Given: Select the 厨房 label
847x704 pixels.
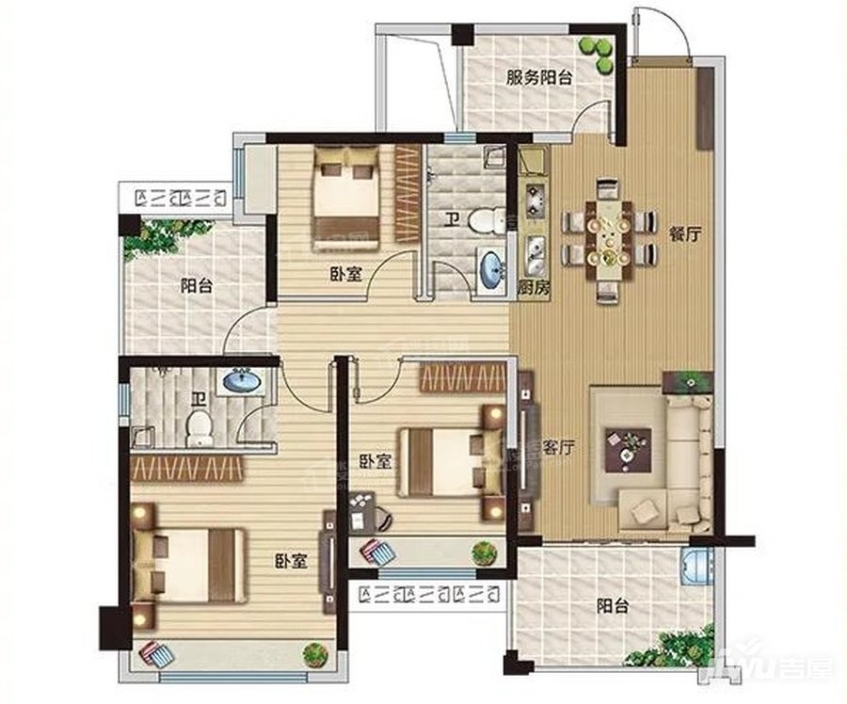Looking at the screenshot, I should [x=534, y=289].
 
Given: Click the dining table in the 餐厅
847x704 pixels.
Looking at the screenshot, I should [x=609, y=240].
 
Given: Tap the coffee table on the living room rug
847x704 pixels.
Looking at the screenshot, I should [x=628, y=443].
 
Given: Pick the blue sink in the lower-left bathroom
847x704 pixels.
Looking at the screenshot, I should [x=242, y=381].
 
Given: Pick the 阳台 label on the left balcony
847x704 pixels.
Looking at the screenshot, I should [x=197, y=286].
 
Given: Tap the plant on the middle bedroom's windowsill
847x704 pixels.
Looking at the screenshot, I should [x=484, y=552].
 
